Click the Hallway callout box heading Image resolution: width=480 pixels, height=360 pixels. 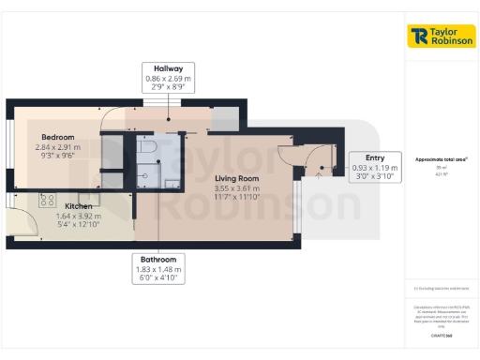pos(169,67)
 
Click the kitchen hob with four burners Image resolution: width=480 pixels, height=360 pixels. pos(47,199)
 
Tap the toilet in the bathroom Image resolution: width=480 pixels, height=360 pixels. pos(144,147)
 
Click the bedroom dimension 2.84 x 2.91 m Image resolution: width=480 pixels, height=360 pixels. pos(56,146)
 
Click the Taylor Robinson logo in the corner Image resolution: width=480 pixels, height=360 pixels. pos(442,36)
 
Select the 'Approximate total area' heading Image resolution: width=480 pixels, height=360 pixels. pos(441,159)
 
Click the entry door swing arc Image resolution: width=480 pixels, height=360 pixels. pos(319,159)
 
